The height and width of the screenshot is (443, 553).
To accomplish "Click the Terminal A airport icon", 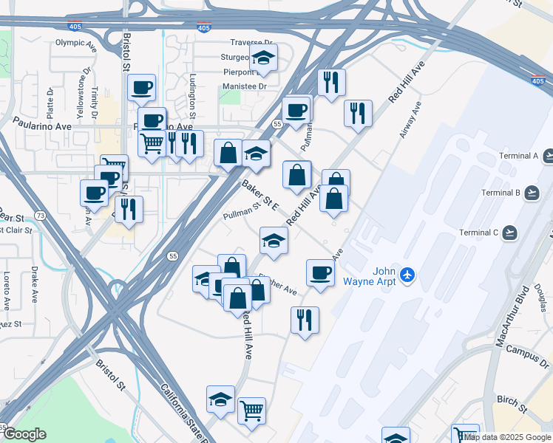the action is pyautogui.click(x=549, y=156).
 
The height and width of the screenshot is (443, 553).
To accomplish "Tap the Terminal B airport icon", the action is pyautogui.click(x=532, y=193).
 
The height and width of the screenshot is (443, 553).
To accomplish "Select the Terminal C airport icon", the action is pyautogui.click(x=509, y=233).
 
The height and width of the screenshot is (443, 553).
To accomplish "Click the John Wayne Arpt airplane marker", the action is pyautogui.click(x=407, y=275).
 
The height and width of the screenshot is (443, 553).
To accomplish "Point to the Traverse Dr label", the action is pyautogui.click(x=251, y=44).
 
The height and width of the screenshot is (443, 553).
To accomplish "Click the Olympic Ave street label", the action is pyautogui.click(x=76, y=43).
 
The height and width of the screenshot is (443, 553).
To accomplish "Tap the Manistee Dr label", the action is pyautogui.click(x=244, y=86).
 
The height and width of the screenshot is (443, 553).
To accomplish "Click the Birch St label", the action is pyautogui.click(x=512, y=404).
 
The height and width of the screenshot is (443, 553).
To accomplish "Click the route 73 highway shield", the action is pyautogui.click(x=41, y=216).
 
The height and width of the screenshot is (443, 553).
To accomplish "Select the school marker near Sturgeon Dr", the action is pyautogui.click(x=262, y=58).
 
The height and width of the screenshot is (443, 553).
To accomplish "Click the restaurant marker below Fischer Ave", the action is pyautogui.click(x=305, y=320).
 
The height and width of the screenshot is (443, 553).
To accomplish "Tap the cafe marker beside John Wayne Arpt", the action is pyautogui.click(x=320, y=272).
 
